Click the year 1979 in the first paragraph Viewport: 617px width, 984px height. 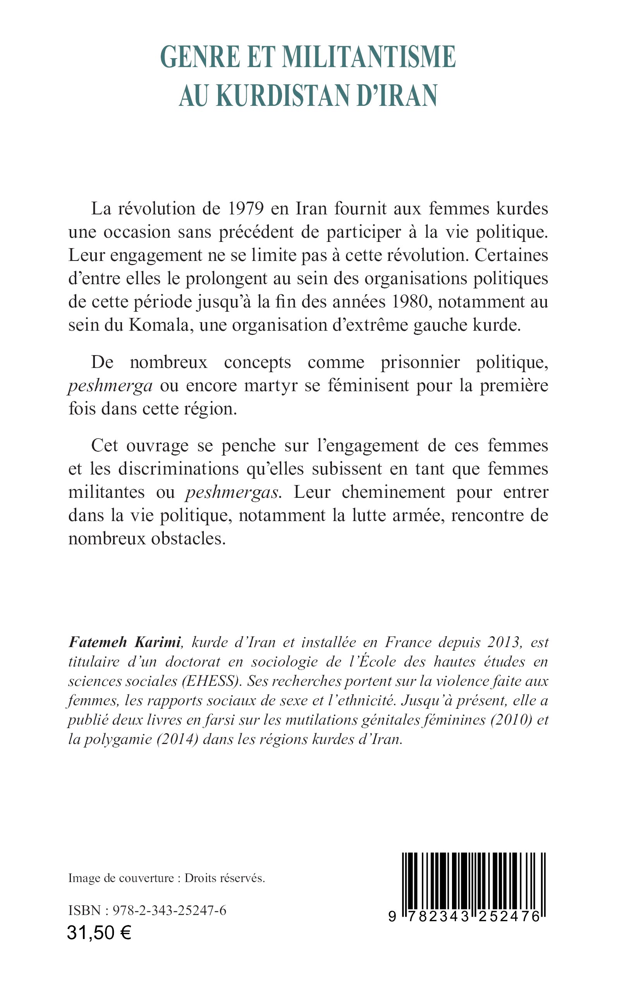[245, 208]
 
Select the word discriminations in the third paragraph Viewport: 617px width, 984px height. [178, 469]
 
